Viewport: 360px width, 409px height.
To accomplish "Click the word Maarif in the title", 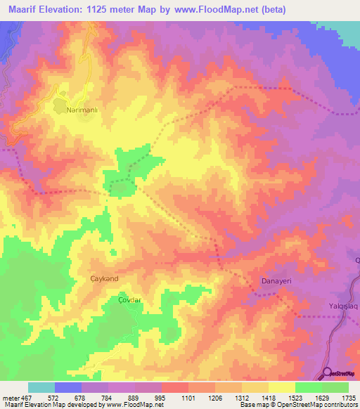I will [x=26, y=9].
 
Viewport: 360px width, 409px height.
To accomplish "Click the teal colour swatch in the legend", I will [x=41, y=387].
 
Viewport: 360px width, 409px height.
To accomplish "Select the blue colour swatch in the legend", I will [x=67, y=387].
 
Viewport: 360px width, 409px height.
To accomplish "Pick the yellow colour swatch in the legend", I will [x=281, y=387].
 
